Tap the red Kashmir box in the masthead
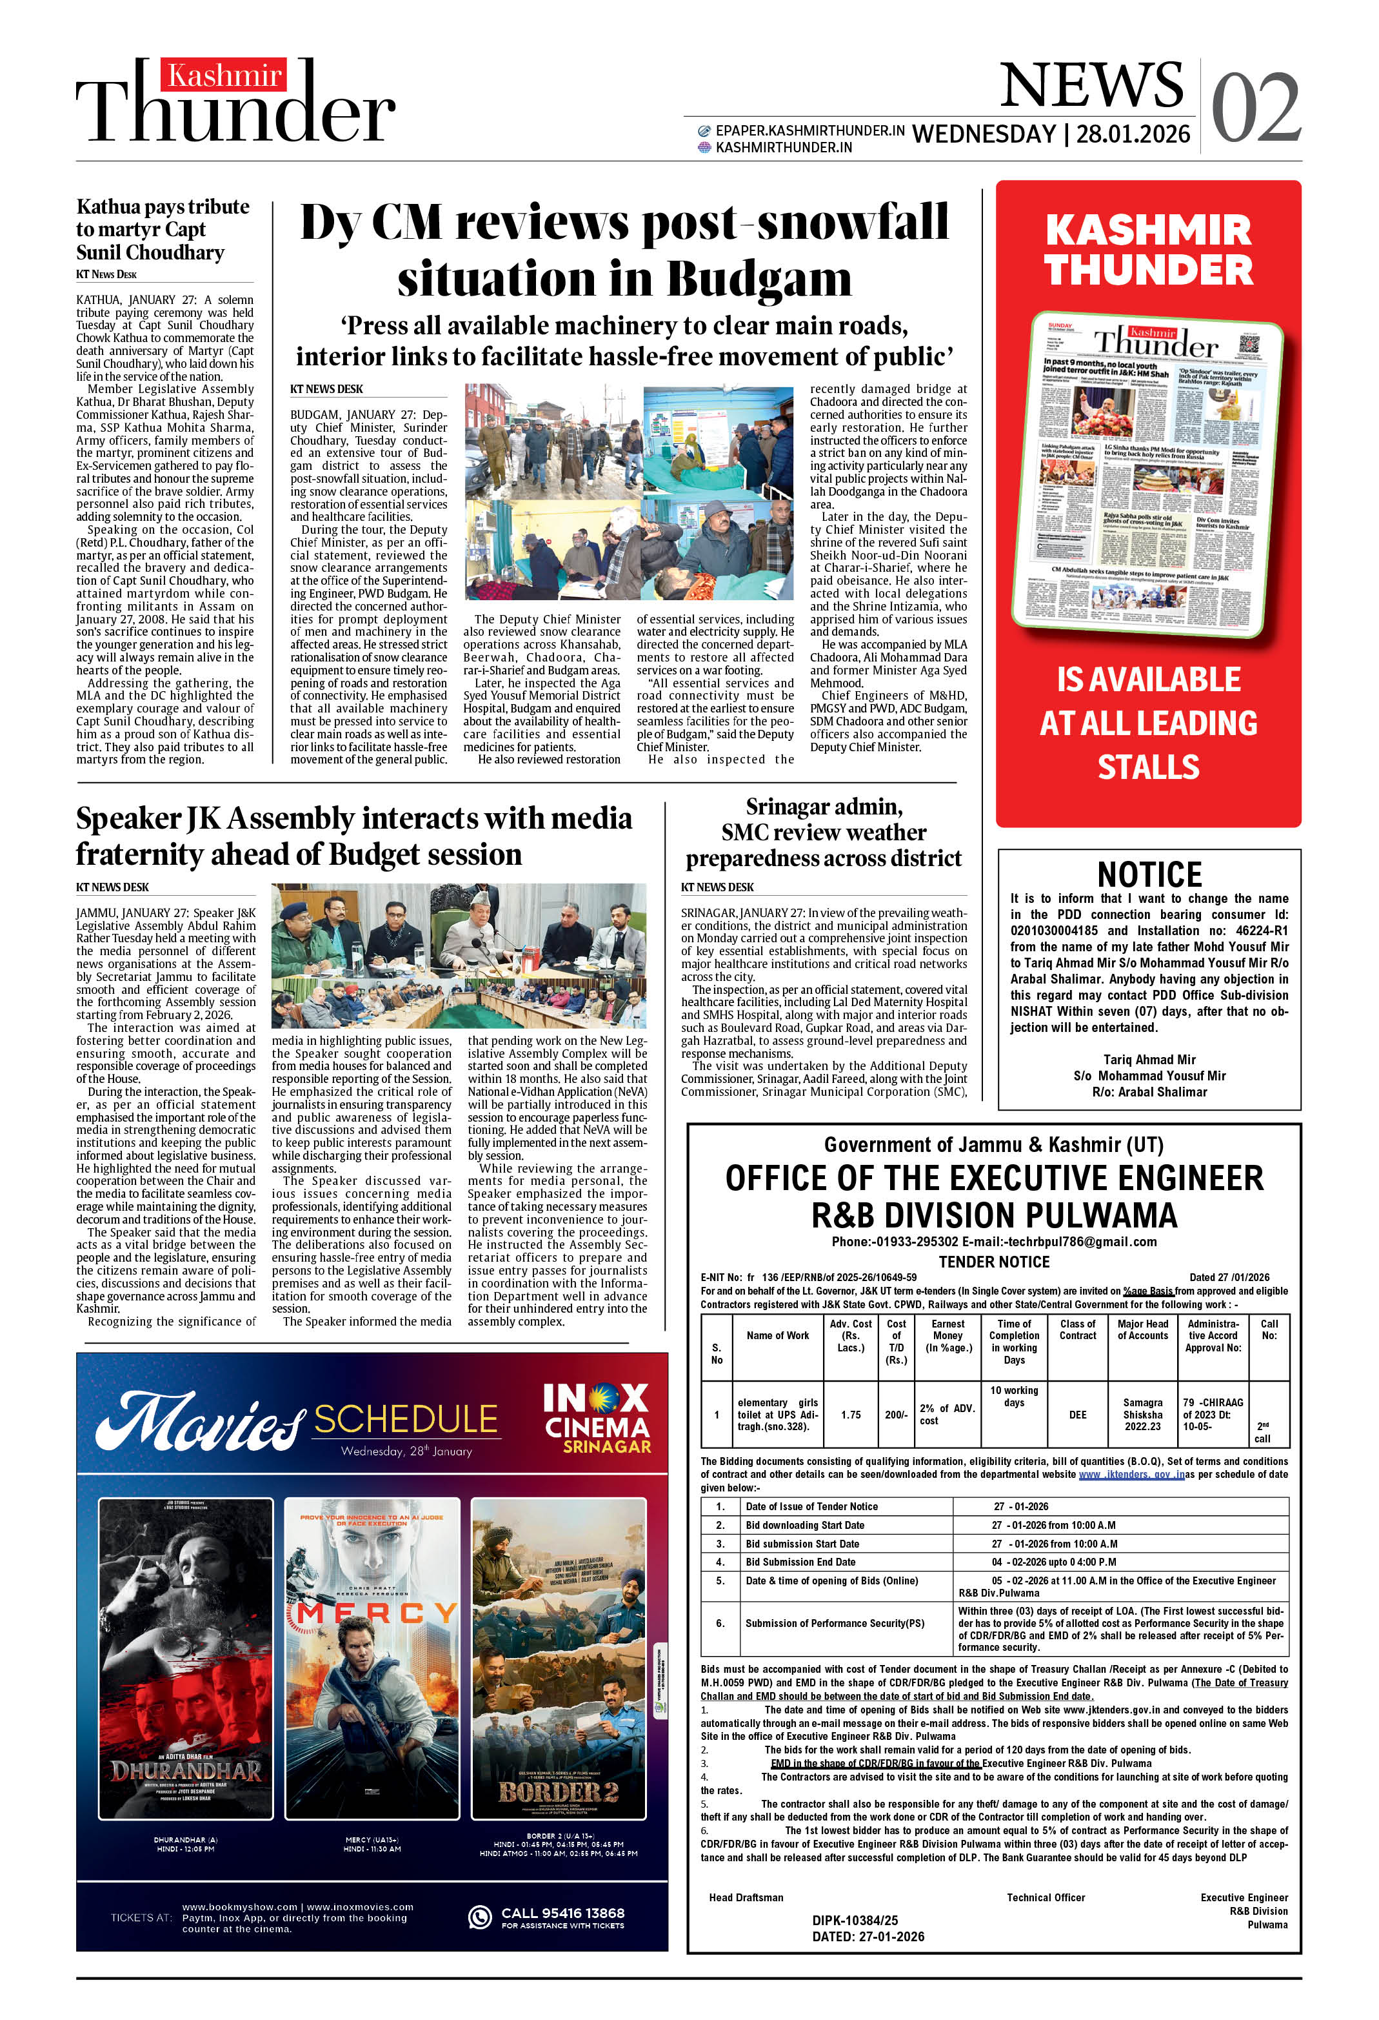click(x=223, y=76)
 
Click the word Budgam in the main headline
click(x=759, y=280)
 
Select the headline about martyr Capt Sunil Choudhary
click(x=163, y=230)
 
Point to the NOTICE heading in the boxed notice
click(x=1149, y=874)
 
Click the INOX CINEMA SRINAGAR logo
click(x=596, y=1418)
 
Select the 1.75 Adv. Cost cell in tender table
click(x=850, y=1414)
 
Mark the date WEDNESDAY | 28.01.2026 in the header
click(x=1051, y=134)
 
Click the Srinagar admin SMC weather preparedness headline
click(x=823, y=833)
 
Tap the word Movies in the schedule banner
click(x=199, y=1422)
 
